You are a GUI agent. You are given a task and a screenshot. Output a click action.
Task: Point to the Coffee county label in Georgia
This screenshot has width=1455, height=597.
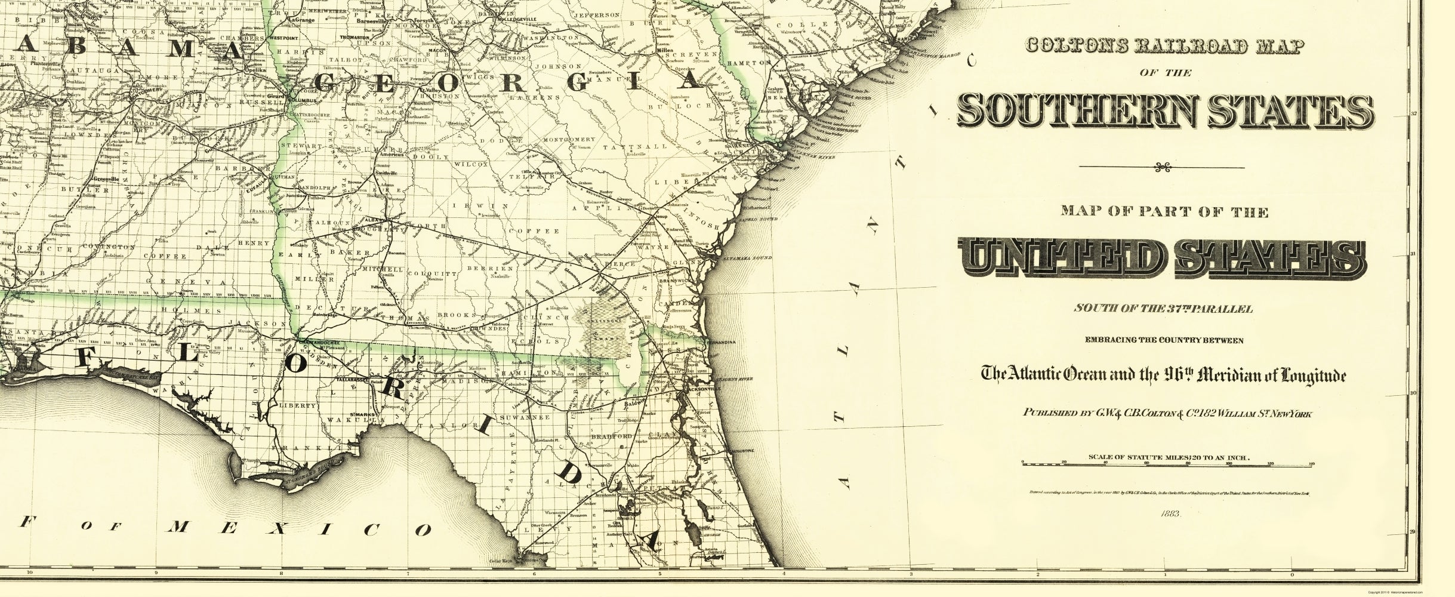pos(542,230)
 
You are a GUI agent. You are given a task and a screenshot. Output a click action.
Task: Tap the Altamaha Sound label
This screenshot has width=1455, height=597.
pos(754,258)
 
